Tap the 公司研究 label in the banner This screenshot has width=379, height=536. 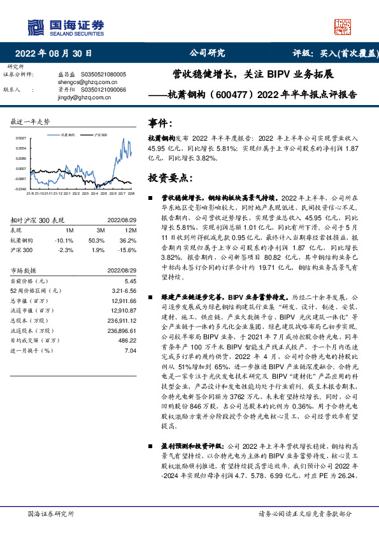[x=207, y=53]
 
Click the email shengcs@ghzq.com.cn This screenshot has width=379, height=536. [x=76, y=82]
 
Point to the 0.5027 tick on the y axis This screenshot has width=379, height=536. [x=21, y=138]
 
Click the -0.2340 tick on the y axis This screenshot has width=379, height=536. [x=21, y=189]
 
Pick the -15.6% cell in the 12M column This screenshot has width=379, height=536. [x=130, y=250]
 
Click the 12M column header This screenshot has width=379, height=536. [x=131, y=230]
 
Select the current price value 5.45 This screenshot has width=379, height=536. [x=131, y=281]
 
